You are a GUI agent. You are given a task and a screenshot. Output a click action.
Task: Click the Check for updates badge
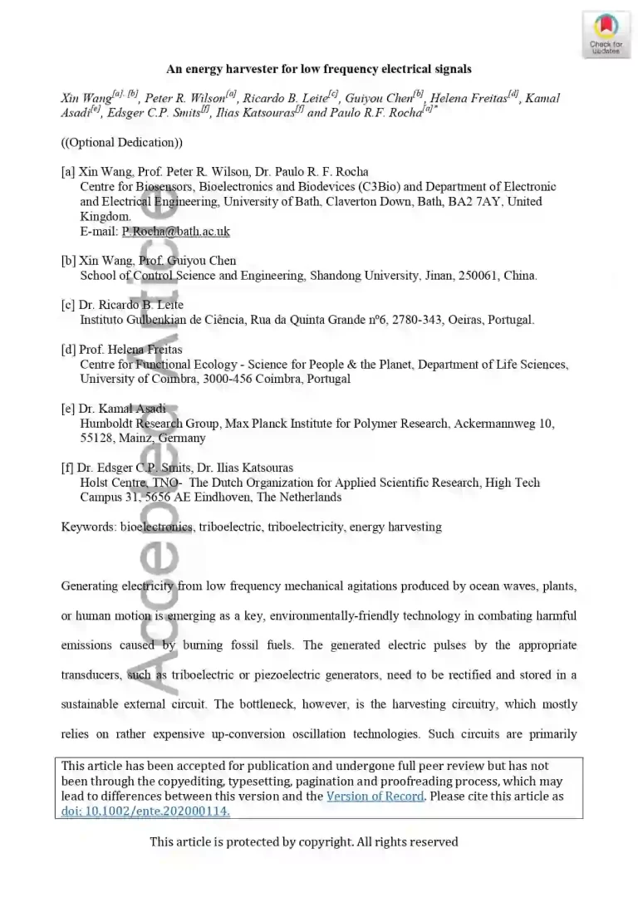[606, 35]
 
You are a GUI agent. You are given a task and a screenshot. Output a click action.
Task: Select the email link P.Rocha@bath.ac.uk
[175, 232]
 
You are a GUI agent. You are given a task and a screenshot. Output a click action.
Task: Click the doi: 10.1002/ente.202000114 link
[146, 811]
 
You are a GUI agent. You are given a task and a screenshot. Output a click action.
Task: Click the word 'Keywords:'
[89, 527]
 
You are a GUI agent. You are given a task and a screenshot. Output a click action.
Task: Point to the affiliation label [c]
[69, 305]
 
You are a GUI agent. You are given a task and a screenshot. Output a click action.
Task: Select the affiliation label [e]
[69, 409]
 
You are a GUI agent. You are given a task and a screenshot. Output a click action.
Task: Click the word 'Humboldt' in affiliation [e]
[106, 424]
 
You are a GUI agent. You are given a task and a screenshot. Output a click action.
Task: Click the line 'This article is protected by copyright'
[303, 842]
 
